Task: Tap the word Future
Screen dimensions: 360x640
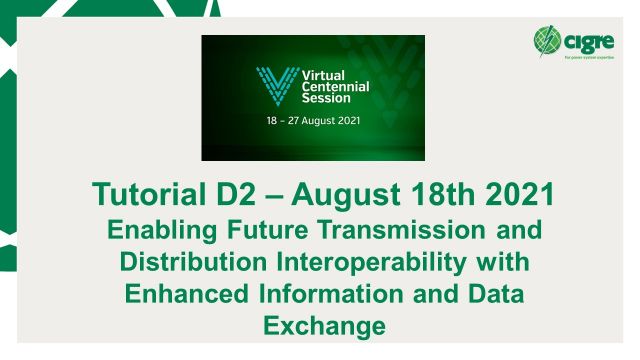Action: [x=255, y=231]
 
